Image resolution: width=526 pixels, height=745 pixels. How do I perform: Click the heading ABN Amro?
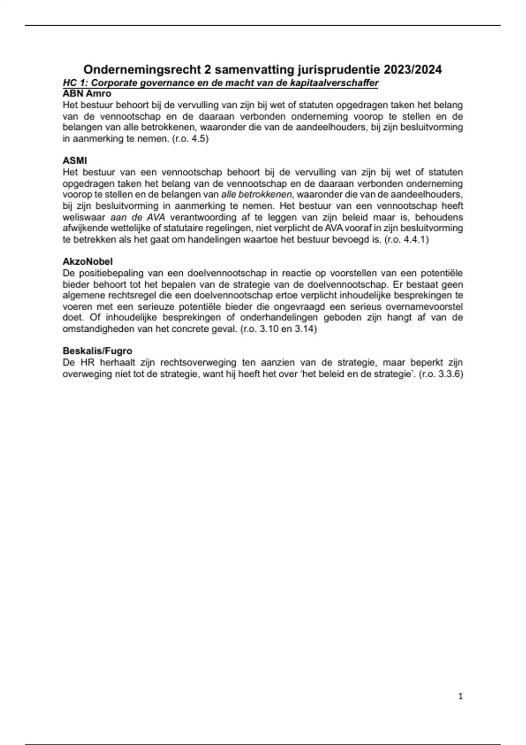click(87, 94)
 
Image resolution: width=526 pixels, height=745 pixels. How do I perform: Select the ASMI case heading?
click(75, 161)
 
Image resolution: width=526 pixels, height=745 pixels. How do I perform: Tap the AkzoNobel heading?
click(88, 262)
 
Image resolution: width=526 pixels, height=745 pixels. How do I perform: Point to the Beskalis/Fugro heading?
click(97, 351)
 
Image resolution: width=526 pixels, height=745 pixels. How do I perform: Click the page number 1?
click(460, 696)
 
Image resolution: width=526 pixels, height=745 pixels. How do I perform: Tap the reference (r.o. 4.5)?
click(190, 139)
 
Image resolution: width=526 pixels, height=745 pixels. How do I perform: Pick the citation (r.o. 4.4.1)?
click(406, 240)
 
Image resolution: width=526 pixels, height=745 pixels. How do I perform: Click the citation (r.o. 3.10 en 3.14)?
click(278, 329)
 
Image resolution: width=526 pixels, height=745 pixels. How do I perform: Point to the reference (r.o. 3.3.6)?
click(441, 374)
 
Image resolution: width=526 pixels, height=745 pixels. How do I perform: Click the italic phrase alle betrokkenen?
click(256, 195)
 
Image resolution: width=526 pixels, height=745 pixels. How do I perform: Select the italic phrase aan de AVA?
click(138, 217)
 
